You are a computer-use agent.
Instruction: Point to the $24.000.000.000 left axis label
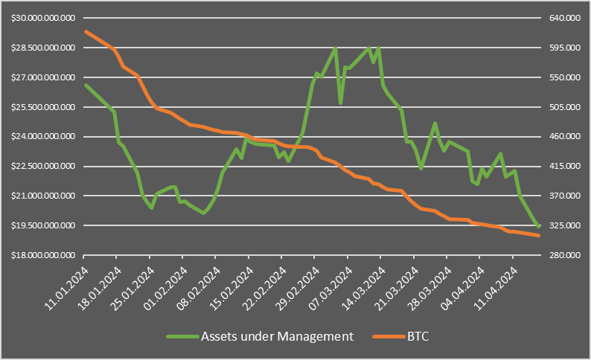pos(43,137)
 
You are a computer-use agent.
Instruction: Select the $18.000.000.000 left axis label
pos(43,255)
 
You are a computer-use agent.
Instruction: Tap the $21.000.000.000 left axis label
pos(43,196)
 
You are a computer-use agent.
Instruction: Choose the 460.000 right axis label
pos(555,137)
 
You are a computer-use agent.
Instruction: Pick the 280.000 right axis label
pos(555,255)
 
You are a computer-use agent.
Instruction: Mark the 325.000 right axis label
pos(555,225)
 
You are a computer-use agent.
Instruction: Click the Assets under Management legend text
pos(276,336)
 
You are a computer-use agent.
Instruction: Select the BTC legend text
pos(418,336)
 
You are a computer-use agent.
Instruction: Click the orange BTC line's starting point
pos(86,31)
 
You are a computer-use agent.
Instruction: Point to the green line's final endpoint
pos(539,226)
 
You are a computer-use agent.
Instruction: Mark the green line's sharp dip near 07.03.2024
pos(340,103)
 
